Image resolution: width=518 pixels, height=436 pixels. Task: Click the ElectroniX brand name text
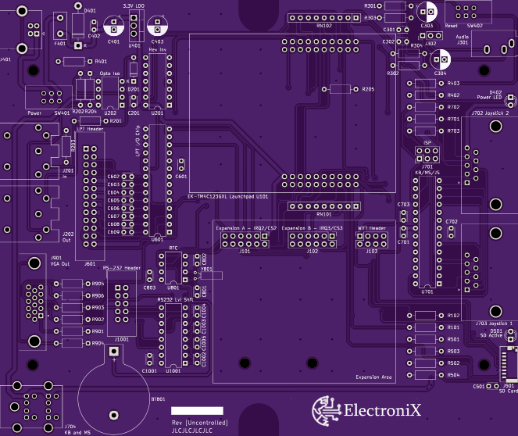pyautogui.click(x=383, y=409)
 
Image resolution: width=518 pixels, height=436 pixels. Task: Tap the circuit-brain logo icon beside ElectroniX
pyautogui.click(x=327, y=409)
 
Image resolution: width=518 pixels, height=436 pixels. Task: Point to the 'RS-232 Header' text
pyautogui.click(x=121, y=268)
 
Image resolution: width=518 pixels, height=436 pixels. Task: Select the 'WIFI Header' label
pyautogui.click(x=372, y=228)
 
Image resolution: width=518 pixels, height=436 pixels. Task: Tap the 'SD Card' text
pyautogui.click(x=508, y=391)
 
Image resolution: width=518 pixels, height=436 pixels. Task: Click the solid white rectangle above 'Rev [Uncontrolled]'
pyautogui.click(x=197, y=410)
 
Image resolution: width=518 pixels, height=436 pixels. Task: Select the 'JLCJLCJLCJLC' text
pyautogui.click(x=191, y=430)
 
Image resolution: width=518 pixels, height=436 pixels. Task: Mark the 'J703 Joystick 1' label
pyautogui.click(x=493, y=323)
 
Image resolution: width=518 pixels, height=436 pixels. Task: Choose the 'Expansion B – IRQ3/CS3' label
pyautogui.click(x=312, y=228)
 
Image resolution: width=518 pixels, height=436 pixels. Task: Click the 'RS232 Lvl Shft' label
pyautogui.click(x=173, y=299)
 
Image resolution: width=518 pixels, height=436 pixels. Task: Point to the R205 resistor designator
pyautogui.click(x=368, y=89)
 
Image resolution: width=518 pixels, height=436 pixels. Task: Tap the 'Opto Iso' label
pyautogui.click(x=109, y=73)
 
